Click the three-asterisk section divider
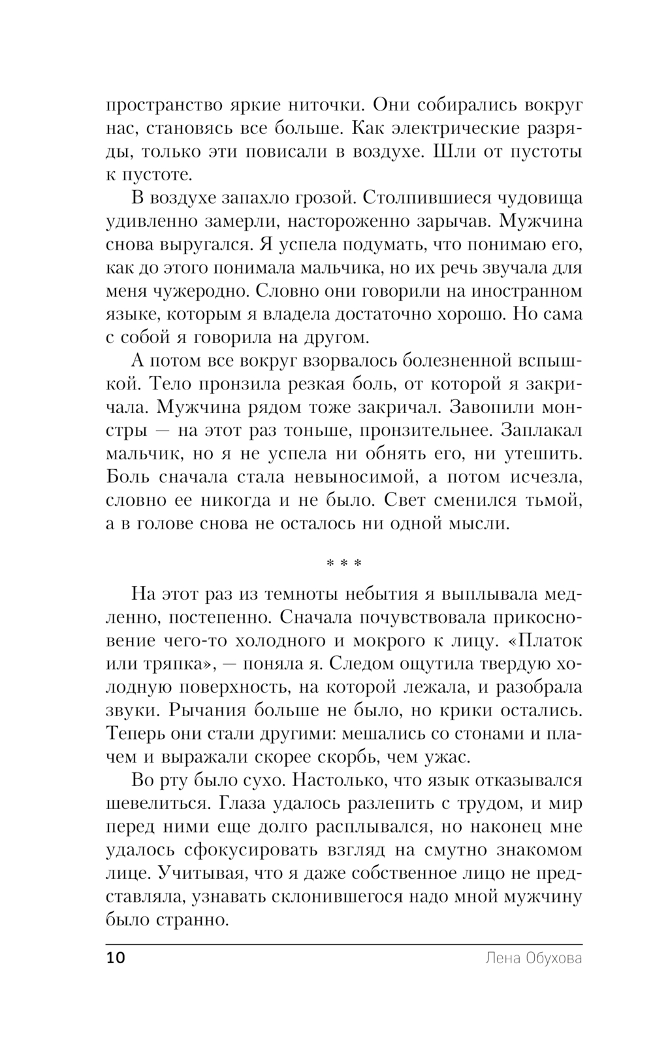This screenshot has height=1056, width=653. [x=343, y=563]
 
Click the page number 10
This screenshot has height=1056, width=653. [x=114, y=959]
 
